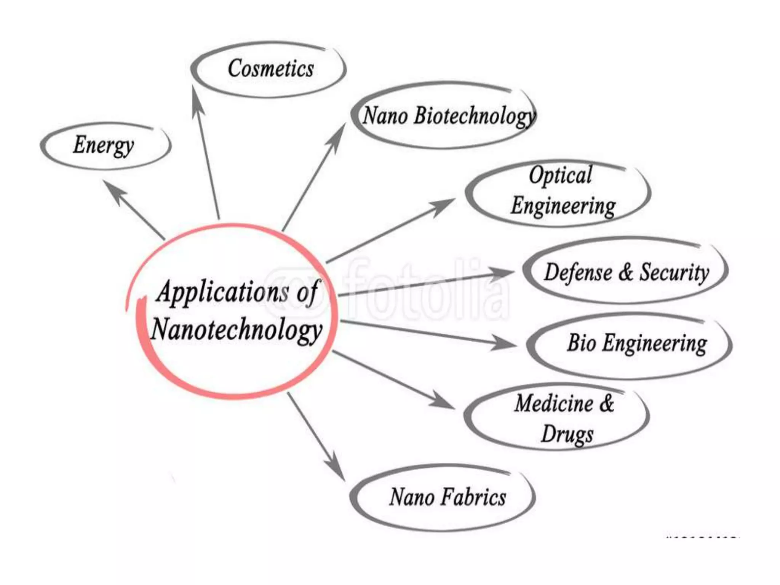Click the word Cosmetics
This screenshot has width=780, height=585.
(x=271, y=69)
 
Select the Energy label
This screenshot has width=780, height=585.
(x=103, y=145)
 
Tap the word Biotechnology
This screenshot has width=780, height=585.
(x=475, y=116)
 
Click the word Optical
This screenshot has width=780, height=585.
(x=560, y=176)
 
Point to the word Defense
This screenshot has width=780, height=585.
(x=578, y=272)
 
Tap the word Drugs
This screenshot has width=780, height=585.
(x=567, y=434)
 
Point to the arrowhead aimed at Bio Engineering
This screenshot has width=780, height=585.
(x=505, y=342)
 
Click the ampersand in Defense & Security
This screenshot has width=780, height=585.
(x=625, y=272)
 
